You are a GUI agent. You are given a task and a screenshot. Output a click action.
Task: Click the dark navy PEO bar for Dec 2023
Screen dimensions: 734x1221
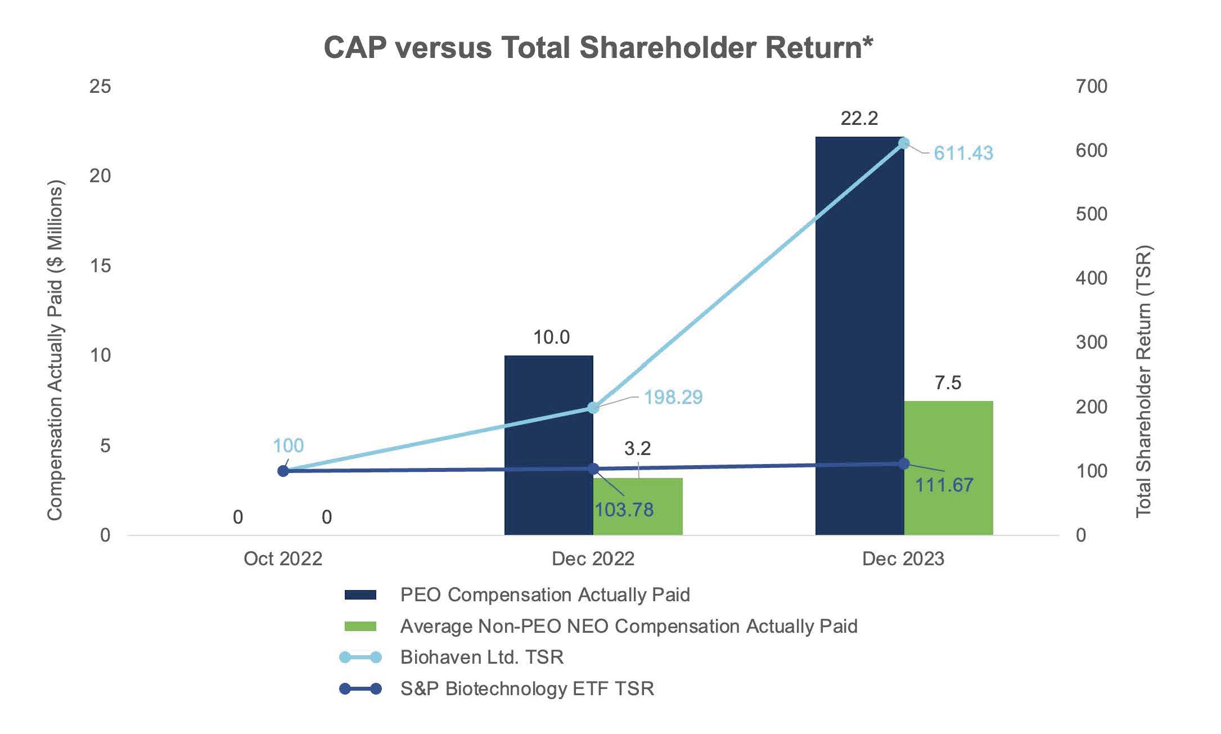[x=859, y=337]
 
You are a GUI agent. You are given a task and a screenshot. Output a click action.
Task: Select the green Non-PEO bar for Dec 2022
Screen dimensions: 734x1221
[x=638, y=506]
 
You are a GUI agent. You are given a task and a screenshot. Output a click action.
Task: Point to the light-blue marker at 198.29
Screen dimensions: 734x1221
[x=593, y=407]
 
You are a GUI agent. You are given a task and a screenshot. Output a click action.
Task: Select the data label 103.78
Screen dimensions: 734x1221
[x=624, y=510]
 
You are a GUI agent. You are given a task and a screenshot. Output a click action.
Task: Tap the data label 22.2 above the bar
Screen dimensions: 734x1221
[x=859, y=119]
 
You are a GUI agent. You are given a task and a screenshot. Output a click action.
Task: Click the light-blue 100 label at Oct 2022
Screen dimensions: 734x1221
[x=288, y=445]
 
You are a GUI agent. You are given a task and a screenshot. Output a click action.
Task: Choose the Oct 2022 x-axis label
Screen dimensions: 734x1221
[x=283, y=559]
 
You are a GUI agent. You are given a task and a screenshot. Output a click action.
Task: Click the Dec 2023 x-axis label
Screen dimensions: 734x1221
[x=903, y=559]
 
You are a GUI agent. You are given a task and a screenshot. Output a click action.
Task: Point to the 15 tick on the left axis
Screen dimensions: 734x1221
[x=100, y=265]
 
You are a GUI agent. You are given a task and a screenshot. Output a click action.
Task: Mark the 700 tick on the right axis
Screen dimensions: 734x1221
[x=1091, y=86]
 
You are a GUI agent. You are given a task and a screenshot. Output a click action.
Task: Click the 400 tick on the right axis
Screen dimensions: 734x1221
[x=1091, y=278]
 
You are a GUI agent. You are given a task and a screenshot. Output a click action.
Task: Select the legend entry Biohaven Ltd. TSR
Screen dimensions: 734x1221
[x=481, y=657]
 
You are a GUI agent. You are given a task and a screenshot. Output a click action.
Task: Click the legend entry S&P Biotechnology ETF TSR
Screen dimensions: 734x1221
[x=527, y=688]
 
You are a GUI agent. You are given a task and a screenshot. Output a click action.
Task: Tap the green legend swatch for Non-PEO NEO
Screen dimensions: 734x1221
[x=360, y=626]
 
